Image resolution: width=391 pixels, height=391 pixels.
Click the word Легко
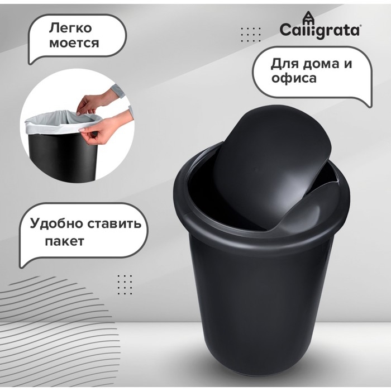click(x=70, y=28)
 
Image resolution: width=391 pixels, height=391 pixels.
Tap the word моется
click(x=74, y=43)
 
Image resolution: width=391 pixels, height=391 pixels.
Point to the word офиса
click(x=294, y=78)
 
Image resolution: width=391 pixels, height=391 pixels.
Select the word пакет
click(x=64, y=241)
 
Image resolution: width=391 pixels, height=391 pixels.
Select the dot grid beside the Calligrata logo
click(x=251, y=35)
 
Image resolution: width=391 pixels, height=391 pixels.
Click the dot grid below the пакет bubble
click(x=125, y=285)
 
